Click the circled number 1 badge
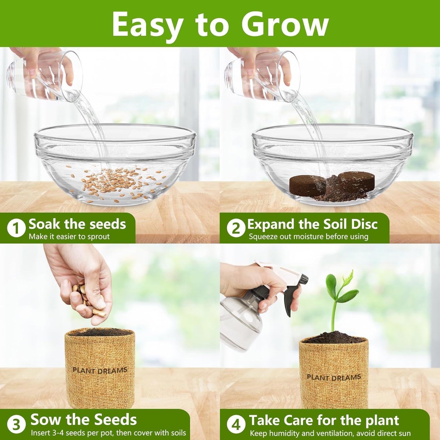pos(16,229)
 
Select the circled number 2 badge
pos(236,229)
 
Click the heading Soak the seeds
pos(77,224)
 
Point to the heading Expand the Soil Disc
pos(312,224)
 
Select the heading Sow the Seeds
pos(84,420)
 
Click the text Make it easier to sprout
pos(69,236)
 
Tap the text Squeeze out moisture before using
pos(309,236)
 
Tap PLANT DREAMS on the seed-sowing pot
pos(100,370)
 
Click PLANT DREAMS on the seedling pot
pos(334,377)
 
